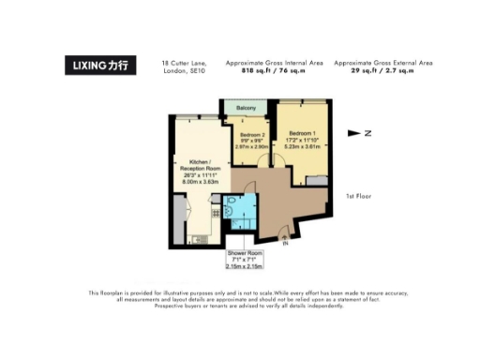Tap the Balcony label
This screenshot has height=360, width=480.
point(247,106)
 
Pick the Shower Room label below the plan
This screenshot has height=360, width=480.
point(244,256)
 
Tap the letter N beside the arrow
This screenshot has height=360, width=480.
point(368,134)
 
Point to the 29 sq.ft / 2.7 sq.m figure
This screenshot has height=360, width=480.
point(391,70)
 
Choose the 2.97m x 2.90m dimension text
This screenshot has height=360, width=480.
point(247,147)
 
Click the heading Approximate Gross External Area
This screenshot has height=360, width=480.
point(391,62)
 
